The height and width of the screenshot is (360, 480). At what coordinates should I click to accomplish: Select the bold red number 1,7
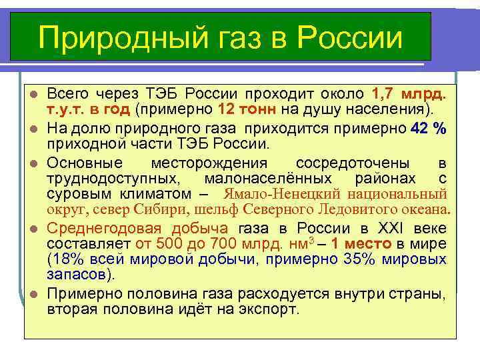[x=386, y=93]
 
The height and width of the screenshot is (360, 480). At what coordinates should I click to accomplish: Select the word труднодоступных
[x=113, y=179]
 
